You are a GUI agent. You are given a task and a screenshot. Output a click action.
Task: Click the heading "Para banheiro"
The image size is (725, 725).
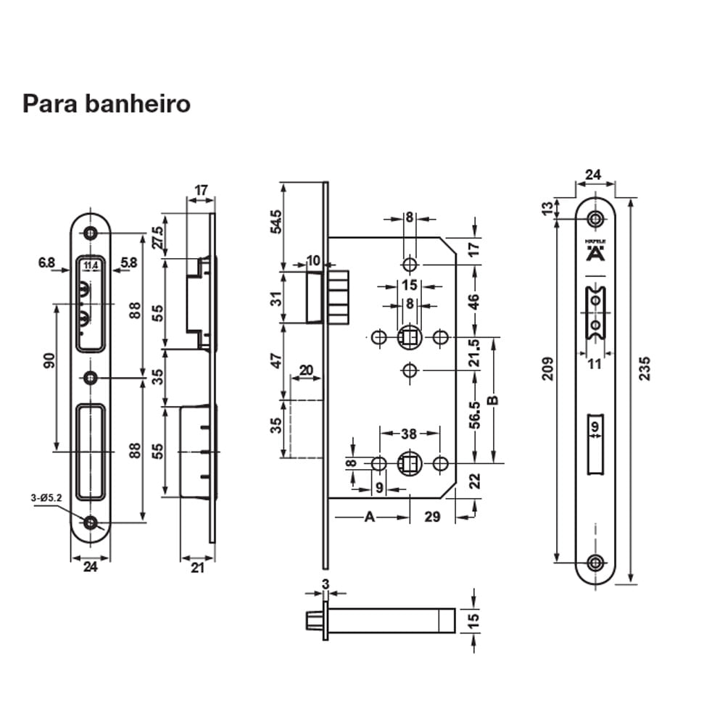pyautogui.click(x=107, y=104)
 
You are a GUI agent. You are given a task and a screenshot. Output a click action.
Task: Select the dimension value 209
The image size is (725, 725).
pyautogui.click(x=547, y=368)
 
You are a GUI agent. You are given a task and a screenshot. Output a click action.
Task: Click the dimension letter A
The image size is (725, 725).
pyautogui.click(x=369, y=516)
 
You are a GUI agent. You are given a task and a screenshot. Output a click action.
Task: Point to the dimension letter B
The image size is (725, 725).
pyautogui.click(x=493, y=400)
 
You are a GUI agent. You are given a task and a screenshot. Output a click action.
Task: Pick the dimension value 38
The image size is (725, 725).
pyautogui.click(x=409, y=434)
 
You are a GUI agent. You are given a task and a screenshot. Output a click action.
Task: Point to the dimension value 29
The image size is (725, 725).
pyautogui.click(x=432, y=516)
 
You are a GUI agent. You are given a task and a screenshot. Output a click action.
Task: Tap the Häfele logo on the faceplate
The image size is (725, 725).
pyautogui.click(x=594, y=252)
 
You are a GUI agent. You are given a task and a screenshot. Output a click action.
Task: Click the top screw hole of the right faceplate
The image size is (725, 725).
pyautogui.click(x=595, y=219)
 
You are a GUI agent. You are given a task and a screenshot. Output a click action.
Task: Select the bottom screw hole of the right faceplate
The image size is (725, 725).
pyautogui.click(x=595, y=562)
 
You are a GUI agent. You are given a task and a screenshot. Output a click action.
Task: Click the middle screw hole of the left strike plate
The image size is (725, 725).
pyautogui.click(x=91, y=378)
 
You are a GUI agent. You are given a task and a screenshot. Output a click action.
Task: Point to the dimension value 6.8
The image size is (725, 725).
pyautogui.click(x=46, y=262)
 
